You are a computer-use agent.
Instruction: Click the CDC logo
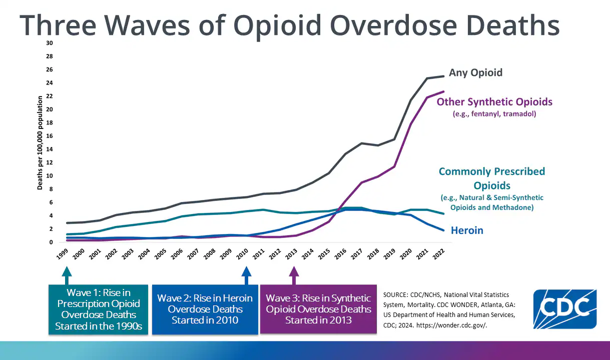[x=564, y=308]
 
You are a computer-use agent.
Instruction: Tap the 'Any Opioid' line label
[x=475, y=73]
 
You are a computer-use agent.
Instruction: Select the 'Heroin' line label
[x=467, y=230]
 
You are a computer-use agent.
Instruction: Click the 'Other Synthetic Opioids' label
[x=494, y=102]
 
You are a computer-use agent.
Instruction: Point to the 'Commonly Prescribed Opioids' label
[x=491, y=178]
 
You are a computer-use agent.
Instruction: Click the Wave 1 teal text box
[x=99, y=309]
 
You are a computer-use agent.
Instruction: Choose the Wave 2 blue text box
[x=205, y=309]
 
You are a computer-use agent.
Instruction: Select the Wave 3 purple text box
[x=318, y=309]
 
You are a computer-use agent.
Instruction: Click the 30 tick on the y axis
[x=49, y=43]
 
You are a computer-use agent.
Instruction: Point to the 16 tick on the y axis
[x=49, y=136]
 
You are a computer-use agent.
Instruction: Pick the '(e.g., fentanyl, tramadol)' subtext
[x=494, y=114]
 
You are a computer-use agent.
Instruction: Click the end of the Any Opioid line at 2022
[x=443, y=76]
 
